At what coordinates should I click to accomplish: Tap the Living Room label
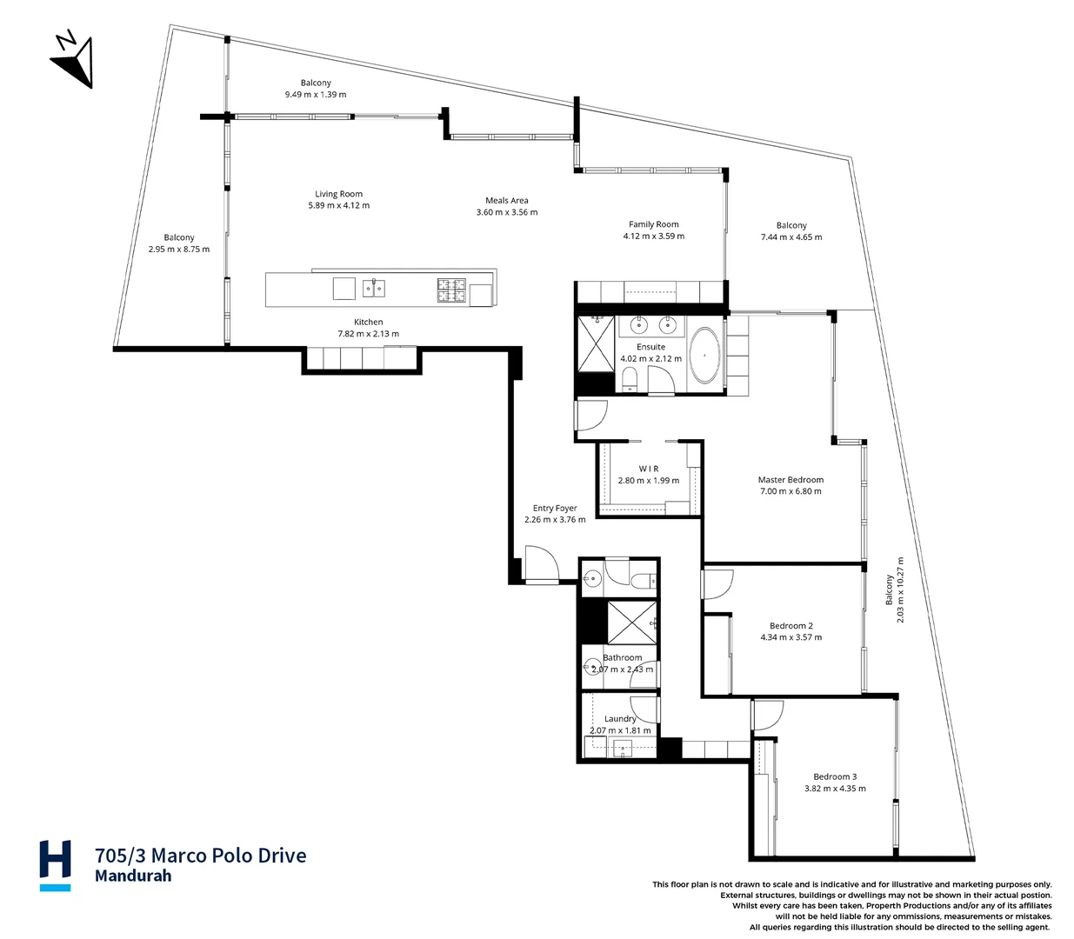[338, 194]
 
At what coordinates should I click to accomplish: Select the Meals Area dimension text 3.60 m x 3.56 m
[506, 212]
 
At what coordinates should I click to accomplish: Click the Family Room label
[653, 224]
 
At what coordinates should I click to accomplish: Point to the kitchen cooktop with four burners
[451, 290]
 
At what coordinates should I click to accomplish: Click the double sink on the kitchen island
[374, 288]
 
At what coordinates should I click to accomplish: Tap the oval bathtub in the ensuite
[704, 356]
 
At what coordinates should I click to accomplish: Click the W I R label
[649, 469]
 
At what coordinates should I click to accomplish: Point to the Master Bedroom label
[790, 479]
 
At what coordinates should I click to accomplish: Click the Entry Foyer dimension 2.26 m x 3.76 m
[555, 520]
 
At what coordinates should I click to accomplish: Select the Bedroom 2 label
[790, 625]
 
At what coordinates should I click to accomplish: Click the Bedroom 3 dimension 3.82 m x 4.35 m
[835, 789]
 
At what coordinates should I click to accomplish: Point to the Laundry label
[620, 719]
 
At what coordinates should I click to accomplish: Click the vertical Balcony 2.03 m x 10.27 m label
[895, 589]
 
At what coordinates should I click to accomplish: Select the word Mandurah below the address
[133, 876]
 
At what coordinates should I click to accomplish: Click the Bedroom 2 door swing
[718, 583]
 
